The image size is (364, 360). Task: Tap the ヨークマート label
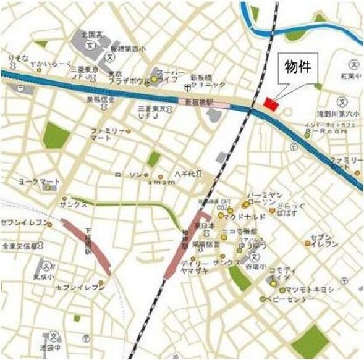pyautogui.click(x=40, y=182)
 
